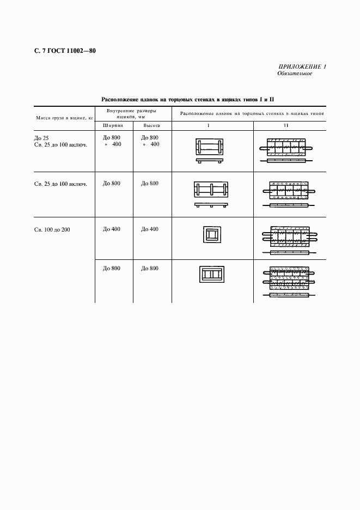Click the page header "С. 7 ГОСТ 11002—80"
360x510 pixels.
(x=65, y=52)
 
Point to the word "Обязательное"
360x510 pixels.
(x=295, y=74)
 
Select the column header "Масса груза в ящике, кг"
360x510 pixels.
(x=65, y=117)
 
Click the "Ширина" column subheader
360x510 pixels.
(x=114, y=126)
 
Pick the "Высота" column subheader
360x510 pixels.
(x=151, y=126)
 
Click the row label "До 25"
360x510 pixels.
(x=41, y=138)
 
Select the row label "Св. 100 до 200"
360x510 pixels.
(x=52, y=229)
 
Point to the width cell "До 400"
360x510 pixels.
(x=112, y=229)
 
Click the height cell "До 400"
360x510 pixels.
(x=150, y=229)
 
